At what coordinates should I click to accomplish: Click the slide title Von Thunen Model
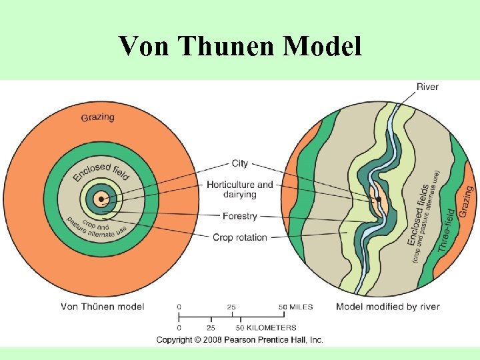coord(240,47)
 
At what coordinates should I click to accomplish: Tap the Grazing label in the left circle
coord(97,117)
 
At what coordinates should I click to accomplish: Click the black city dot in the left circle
coord(101,199)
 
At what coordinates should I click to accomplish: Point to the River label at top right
coord(427,87)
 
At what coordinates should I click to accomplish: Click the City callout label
coord(239,163)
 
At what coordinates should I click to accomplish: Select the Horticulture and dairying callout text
coord(239,189)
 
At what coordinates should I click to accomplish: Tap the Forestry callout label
coord(239,217)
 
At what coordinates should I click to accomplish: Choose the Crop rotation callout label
coord(239,237)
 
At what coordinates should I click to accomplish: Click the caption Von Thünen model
coord(102,307)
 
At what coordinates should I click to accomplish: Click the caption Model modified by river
coord(387,307)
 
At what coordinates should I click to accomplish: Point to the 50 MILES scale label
coord(295,307)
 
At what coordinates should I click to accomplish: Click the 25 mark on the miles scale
coord(231,307)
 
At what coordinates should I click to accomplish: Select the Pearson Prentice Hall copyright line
coord(239,340)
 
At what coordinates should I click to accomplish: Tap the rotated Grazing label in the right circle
coord(466,200)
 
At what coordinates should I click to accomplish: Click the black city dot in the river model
coord(378,199)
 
